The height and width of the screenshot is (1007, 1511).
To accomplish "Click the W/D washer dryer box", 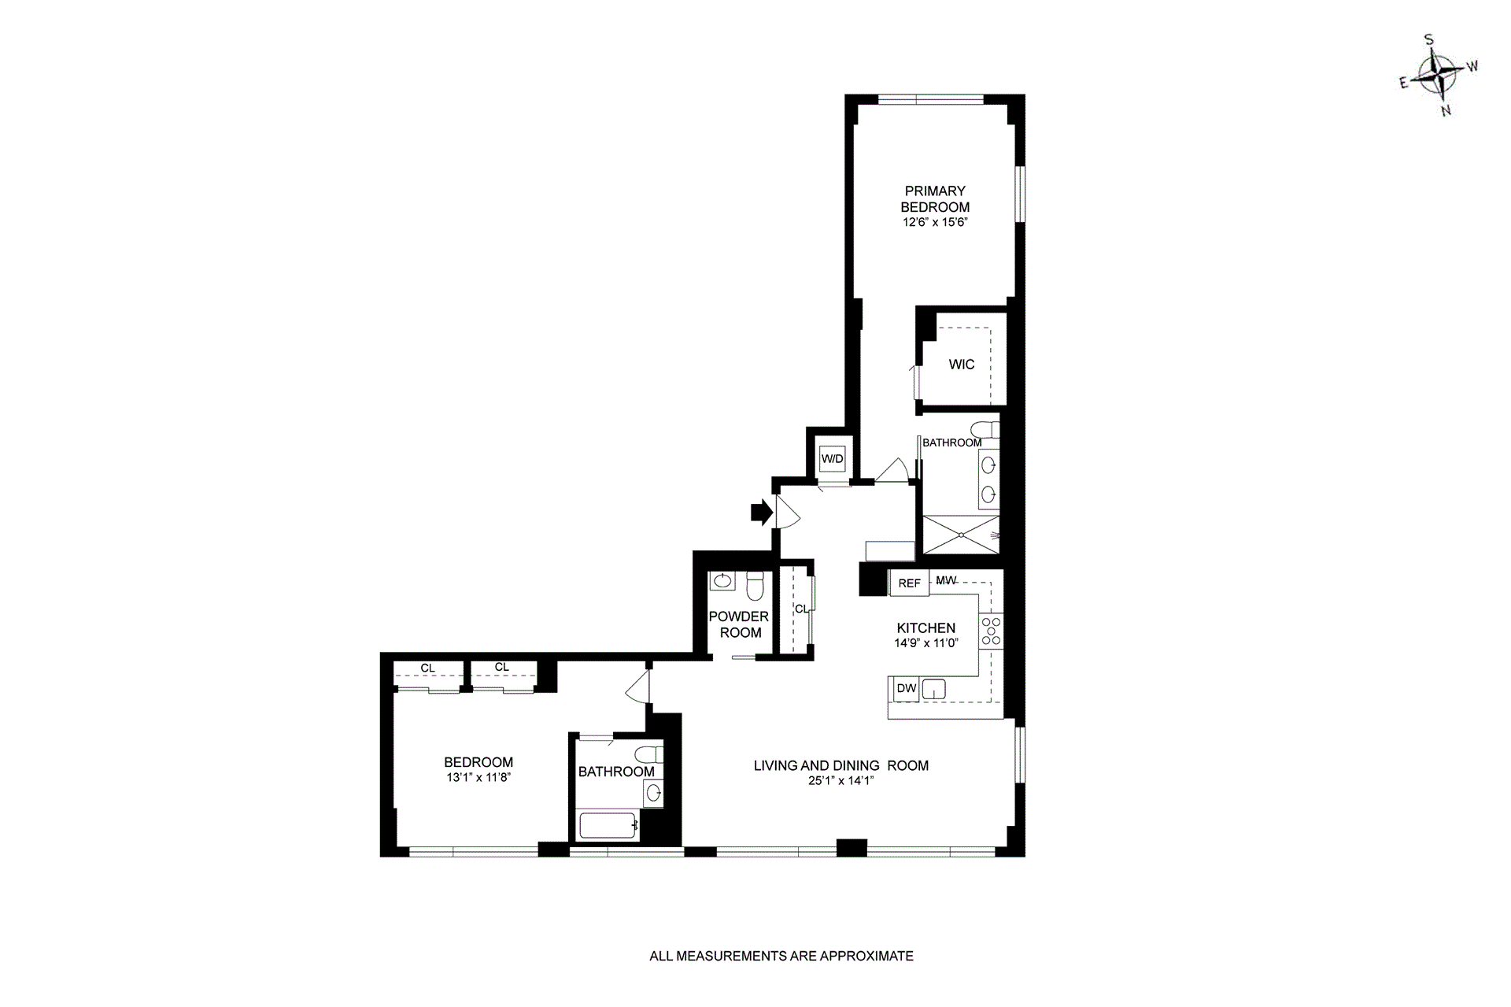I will click(832, 459).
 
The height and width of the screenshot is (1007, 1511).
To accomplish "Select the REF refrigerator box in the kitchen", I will click(909, 583).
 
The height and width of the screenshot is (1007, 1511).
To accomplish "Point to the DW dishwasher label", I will click(907, 688).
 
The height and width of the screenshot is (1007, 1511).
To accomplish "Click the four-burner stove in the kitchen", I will click(991, 631).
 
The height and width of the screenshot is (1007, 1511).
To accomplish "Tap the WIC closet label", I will click(961, 365).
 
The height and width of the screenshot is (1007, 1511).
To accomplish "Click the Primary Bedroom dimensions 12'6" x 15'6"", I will click(934, 223).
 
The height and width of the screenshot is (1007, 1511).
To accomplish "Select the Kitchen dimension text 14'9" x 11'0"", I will click(925, 643).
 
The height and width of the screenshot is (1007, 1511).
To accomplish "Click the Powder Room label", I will click(739, 624).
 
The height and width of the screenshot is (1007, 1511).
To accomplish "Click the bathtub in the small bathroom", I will click(608, 826).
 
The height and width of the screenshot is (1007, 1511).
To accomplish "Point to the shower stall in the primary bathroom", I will click(960, 535).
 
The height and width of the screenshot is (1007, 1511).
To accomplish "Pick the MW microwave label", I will click(946, 580).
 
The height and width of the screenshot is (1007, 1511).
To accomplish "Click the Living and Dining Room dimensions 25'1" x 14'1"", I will click(840, 781).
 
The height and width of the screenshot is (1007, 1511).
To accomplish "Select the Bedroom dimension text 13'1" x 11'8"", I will click(478, 778).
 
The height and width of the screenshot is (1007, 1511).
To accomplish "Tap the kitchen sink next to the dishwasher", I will click(933, 689).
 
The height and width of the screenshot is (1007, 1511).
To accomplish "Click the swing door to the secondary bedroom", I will click(638, 687).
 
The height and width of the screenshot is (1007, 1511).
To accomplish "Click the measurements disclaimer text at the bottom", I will click(781, 957).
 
